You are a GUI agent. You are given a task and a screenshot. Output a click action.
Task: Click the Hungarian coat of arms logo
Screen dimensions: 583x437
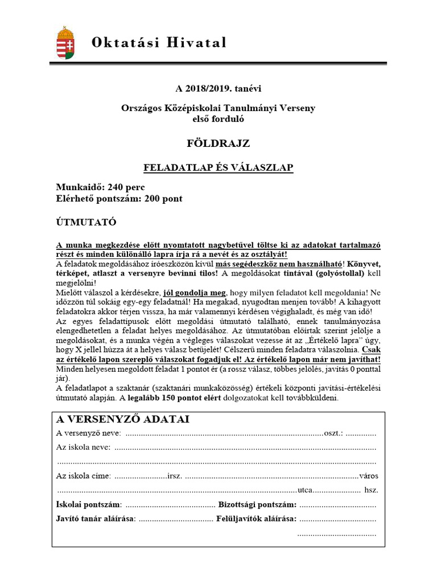point(66,43)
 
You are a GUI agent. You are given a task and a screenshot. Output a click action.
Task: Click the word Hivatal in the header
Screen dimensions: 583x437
point(194,43)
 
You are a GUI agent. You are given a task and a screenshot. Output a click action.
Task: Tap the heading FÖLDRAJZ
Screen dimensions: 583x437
point(218,143)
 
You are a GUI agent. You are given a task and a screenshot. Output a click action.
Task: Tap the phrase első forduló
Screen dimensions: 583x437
point(218,118)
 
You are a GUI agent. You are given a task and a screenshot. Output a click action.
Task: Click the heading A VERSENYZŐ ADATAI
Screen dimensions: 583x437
point(123,420)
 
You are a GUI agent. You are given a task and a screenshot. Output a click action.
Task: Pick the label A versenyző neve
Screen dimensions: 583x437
point(88,433)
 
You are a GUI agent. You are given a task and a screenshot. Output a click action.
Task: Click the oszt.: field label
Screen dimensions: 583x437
point(333,433)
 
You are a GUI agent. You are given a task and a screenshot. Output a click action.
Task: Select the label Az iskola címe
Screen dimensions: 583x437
point(84,476)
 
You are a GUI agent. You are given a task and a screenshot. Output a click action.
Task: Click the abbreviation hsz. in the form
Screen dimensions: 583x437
point(372,490)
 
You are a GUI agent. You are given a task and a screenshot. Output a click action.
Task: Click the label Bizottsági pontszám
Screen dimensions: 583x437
point(257,504)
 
